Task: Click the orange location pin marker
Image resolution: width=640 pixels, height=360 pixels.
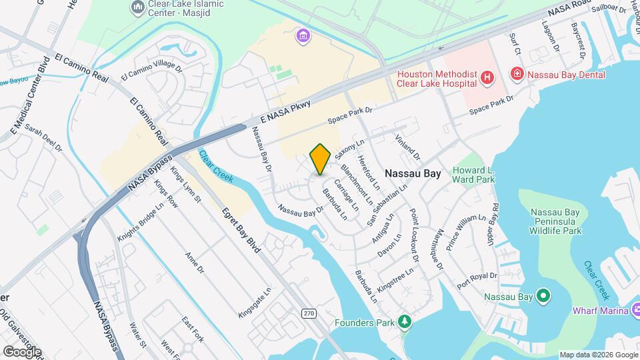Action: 321,159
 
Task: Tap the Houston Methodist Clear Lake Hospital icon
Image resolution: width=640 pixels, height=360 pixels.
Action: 488,78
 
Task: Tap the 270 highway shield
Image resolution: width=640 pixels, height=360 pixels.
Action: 309,313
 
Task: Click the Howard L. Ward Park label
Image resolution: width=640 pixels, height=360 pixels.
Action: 473,175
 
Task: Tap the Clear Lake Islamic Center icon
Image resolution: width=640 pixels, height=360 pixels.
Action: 138,7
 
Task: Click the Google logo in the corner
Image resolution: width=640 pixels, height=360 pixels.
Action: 22,351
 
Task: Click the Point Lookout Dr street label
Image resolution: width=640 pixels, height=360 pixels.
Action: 413,235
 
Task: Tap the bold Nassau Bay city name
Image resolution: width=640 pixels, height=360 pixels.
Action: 413,173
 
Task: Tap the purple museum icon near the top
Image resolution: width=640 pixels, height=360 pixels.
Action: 303,35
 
